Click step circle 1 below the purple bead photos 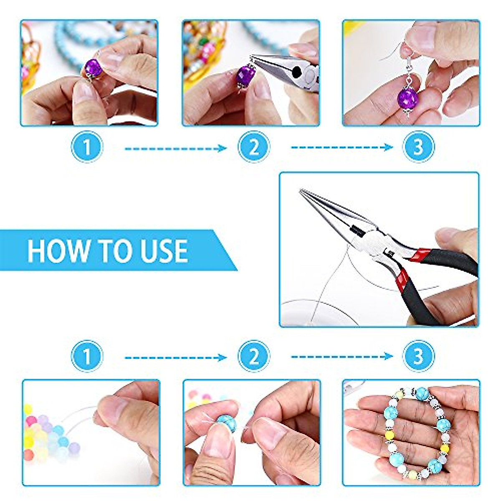87,147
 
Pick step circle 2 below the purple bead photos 253,147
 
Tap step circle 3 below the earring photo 418,147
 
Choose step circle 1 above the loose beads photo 87,356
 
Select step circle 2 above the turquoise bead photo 253,356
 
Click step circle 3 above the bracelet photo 418,356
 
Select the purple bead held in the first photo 93,67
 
